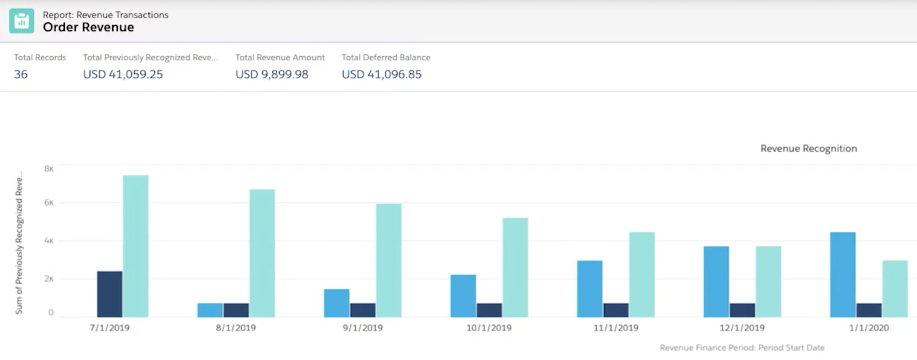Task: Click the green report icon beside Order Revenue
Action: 21,21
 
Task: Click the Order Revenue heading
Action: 88,27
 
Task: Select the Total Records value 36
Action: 21,74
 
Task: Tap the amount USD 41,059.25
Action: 123,74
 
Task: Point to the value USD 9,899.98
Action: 272,74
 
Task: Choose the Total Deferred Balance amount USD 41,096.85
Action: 382,74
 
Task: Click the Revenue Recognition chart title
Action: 808,148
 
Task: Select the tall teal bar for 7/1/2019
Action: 136,246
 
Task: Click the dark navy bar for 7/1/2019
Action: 109,294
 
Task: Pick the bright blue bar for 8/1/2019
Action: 210,310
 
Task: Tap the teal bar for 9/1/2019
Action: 389,261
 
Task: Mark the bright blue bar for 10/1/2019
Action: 463,296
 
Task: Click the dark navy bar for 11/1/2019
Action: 616,310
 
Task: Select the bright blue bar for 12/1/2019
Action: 716,281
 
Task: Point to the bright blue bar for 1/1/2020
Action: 842,275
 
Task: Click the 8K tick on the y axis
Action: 49,169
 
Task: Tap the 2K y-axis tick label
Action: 49,279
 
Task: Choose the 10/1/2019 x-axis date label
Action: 489,328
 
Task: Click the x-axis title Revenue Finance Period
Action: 742,347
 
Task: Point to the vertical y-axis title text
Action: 19,242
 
